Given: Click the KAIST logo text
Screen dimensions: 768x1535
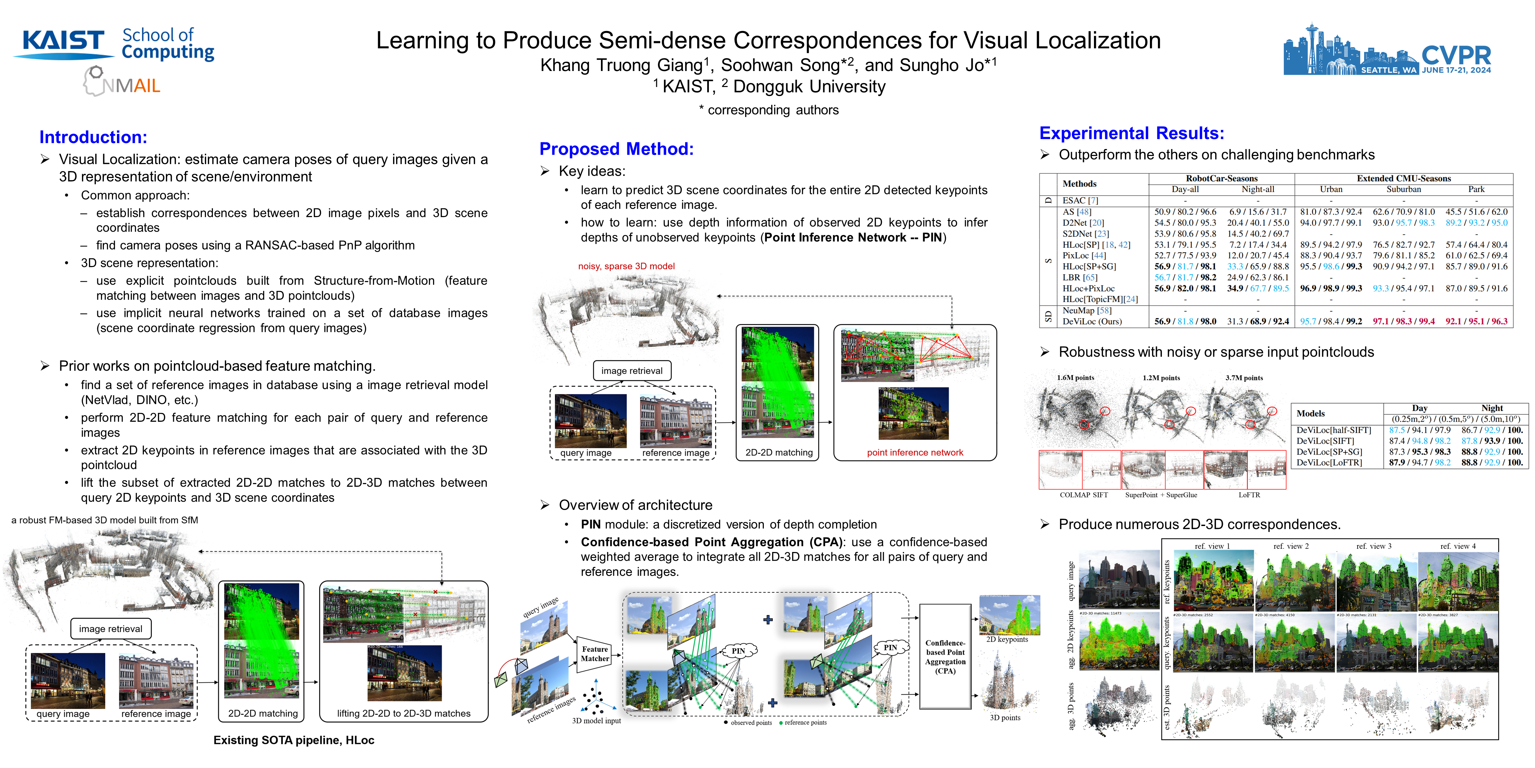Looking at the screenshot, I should (63, 41).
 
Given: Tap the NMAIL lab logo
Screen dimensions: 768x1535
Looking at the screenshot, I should (122, 82).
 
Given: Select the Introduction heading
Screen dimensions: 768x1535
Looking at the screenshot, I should (93, 137).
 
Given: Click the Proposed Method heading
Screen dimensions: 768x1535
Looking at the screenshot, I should (616, 149).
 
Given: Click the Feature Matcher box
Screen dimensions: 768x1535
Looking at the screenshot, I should (595, 654).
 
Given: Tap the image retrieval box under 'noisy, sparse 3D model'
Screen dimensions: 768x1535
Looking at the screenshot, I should (632, 370).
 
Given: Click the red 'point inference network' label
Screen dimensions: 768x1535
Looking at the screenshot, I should (915, 453).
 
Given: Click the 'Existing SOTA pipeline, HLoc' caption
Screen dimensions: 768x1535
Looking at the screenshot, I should (294, 740).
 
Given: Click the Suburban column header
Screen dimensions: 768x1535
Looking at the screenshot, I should (1403, 189).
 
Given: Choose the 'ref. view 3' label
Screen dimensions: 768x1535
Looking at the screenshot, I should (1373, 546).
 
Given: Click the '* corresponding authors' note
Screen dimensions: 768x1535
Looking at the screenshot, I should (769, 110).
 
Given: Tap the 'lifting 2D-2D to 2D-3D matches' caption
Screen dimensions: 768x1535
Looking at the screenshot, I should (403, 713).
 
